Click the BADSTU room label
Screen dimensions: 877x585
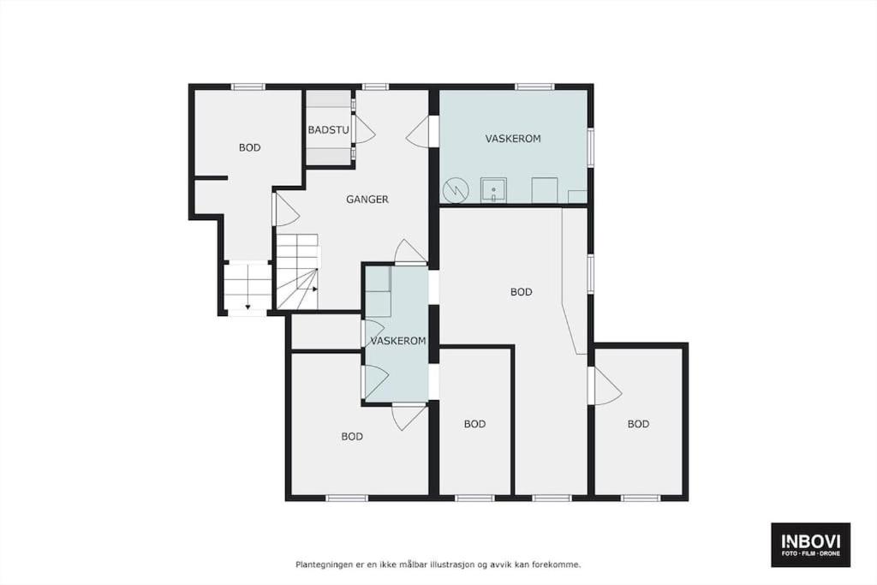point(328,130)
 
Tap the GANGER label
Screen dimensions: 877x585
point(367,199)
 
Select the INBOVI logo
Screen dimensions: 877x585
point(810,545)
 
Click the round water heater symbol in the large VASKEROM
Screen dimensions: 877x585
point(456,191)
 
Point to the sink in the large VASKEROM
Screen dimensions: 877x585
point(494,191)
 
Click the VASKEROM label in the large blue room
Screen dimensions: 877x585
point(513,139)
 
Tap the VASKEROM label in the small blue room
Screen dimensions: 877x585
point(397,341)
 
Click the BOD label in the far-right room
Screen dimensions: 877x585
point(638,424)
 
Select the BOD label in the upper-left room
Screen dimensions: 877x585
point(249,147)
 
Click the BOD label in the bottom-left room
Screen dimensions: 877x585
point(352,436)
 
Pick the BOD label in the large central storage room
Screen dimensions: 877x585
point(521,292)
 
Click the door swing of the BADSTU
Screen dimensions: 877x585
point(364,129)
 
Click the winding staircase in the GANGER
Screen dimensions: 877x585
point(297,272)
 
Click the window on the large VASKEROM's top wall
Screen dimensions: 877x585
point(534,87)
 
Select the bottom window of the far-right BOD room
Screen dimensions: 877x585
point(641,498)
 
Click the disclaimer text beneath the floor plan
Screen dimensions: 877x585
point(438,564)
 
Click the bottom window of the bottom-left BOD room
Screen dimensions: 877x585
point(347,498)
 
